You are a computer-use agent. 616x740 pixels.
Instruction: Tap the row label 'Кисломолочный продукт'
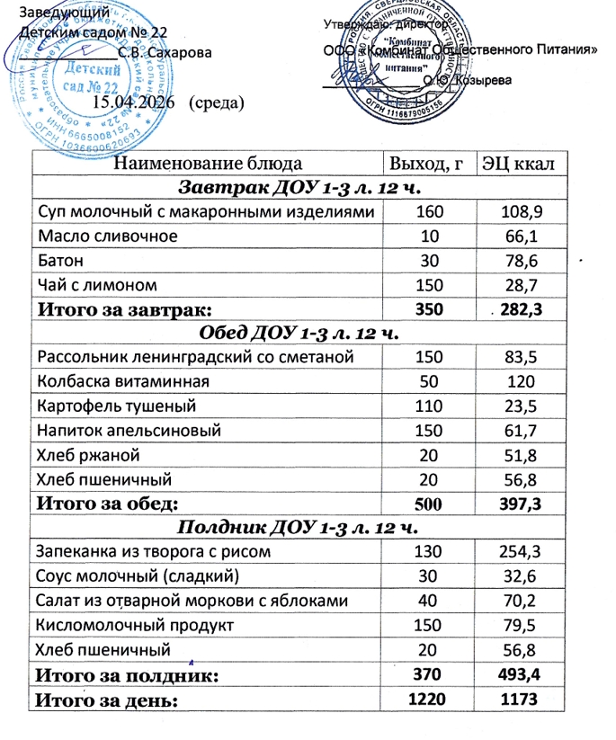tap(133, 623)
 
